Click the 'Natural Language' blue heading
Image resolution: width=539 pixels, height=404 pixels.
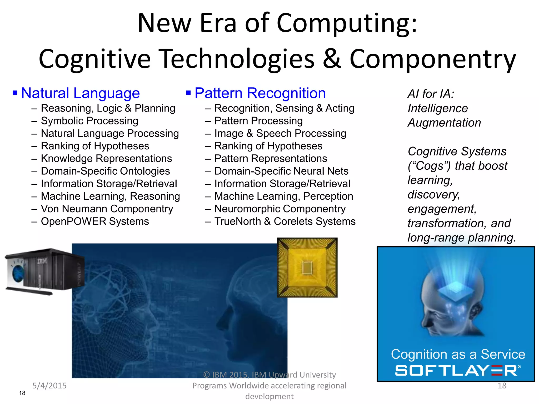[x=80, y=93]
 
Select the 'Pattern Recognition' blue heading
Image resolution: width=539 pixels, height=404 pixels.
[x=260, y=93]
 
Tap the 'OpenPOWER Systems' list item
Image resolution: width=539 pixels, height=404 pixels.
[x=95, y=221]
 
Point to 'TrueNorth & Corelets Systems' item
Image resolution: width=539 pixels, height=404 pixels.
[x=285, y=221]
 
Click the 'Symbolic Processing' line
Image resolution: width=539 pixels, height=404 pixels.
[x=89, y=121]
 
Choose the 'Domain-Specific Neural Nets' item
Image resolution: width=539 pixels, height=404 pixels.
[x=281, y=171]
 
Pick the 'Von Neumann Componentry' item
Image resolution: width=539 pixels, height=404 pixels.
[x=107, y=209]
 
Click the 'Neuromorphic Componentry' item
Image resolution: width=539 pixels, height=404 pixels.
[x=280, y=209]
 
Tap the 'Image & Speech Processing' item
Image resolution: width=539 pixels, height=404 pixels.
[x=280, y=134]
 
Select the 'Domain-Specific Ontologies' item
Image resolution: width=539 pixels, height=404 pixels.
[x=105, y=171]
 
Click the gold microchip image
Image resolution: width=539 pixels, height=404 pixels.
[x=307, y=267]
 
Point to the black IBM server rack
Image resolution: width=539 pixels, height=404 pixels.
[x=45, y=271]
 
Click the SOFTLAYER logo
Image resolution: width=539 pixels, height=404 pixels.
[x=457, y=370]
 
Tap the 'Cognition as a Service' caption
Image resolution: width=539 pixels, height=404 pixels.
[x=458, y=354]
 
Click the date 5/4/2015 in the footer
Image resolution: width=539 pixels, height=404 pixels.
[x=49, y=386]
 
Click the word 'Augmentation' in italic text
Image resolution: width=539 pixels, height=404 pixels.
[x=444, y=123]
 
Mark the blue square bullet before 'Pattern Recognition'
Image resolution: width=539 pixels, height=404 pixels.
[x=188, y=93]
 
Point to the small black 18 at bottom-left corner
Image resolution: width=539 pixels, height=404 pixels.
[x=22, y=393]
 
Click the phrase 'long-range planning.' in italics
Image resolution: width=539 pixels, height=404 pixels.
[x=462, y=238]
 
